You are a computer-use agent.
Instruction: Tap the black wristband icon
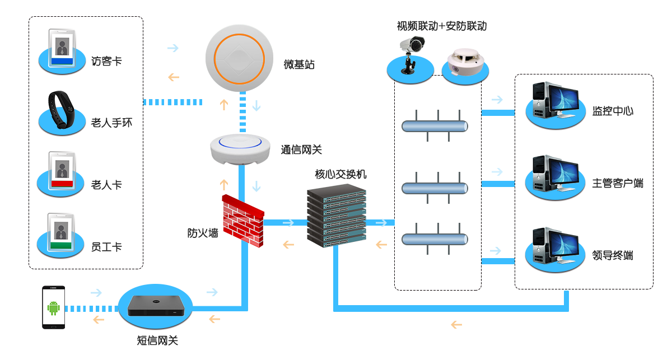62,109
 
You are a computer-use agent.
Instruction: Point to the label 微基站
299,65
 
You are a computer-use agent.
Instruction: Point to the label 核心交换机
340,174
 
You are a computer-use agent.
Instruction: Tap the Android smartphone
54,307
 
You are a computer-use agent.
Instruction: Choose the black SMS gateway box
156,306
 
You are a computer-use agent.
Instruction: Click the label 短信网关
157,340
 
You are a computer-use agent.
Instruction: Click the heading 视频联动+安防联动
441,26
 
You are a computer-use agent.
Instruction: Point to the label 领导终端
613,255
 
